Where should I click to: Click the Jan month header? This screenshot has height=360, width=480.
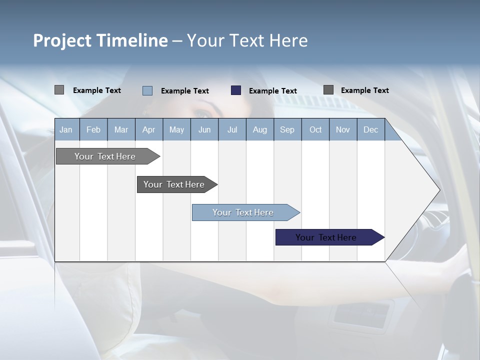pyautogui.click(x=66, y=129)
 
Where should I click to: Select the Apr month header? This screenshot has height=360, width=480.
pyautogui.click(x=148, y=129)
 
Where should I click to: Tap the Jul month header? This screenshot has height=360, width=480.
pyautogui.click(x=232, y=129)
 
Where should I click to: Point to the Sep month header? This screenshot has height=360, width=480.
pyautogui.click(x=287, y=129)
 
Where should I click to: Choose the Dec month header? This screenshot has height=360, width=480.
pyautogui.click(x=370, y=129)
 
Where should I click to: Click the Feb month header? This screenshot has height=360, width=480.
pyautogui.click(x=93, y=129)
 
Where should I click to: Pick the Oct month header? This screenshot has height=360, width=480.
pyautogui.click(x=315, y=129)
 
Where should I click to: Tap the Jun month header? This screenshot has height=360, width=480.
pyautogui.click(x=204, y=129)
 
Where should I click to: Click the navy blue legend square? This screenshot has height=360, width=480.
pyautogui.click(x=236, y=90)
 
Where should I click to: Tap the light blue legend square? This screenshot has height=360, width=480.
pyautogui.click(x=147, y=90)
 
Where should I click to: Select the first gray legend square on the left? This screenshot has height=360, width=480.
pyautogui.click(x=59, y=90)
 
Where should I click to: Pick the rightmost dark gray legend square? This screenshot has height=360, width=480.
pyautogui.click(x=328, y=90)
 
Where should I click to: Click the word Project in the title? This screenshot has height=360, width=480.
pyautogui.click(x=62, y=40)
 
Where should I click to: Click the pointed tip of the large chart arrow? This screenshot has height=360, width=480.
pyautogui.click(x=439, y=190)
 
